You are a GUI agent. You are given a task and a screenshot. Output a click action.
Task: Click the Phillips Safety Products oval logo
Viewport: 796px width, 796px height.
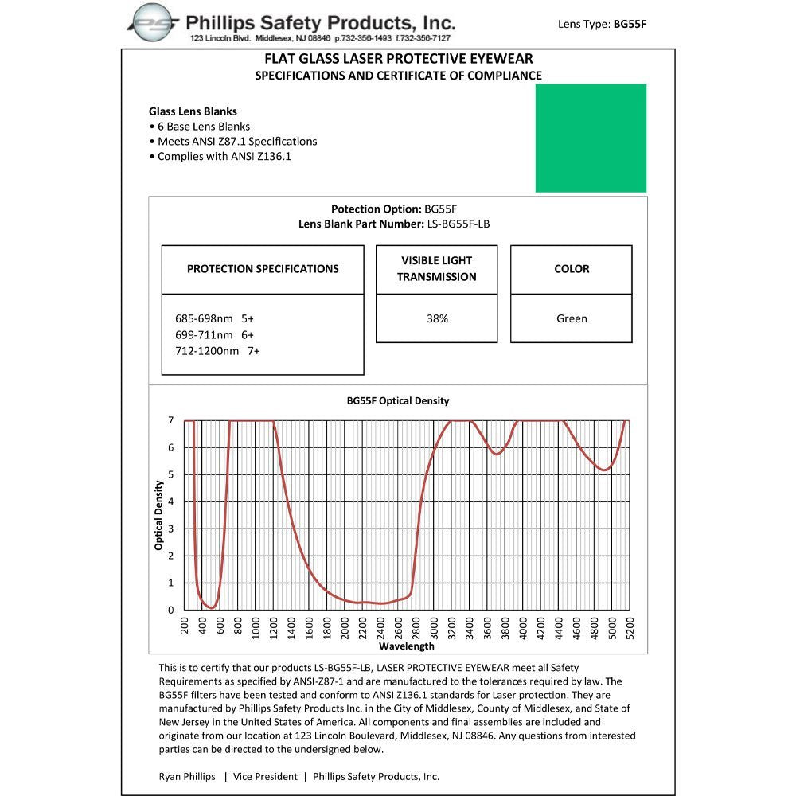coord(155,22)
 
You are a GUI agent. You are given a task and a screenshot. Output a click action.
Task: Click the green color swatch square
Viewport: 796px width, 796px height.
coord(591,138)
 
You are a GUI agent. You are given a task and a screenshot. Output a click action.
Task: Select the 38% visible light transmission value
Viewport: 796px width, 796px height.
coord(437,318)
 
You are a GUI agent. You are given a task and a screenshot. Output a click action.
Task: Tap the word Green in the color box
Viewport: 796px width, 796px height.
coord(572,318)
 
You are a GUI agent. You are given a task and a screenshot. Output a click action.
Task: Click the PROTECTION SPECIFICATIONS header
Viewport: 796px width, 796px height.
coord(263,269)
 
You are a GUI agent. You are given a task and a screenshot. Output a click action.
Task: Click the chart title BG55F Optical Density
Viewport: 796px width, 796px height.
coord(398,400)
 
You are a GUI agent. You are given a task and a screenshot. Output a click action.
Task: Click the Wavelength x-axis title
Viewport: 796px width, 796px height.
coord(406,646)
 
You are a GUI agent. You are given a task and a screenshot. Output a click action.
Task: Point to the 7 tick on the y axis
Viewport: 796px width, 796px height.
coord(170,419)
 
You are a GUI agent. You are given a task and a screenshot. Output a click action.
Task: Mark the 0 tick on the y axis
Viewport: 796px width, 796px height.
coord(170,610)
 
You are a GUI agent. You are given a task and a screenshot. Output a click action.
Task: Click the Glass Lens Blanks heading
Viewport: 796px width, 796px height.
coord(193,111)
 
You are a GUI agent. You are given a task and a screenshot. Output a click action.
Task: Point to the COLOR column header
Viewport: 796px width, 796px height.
coord(572,269)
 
